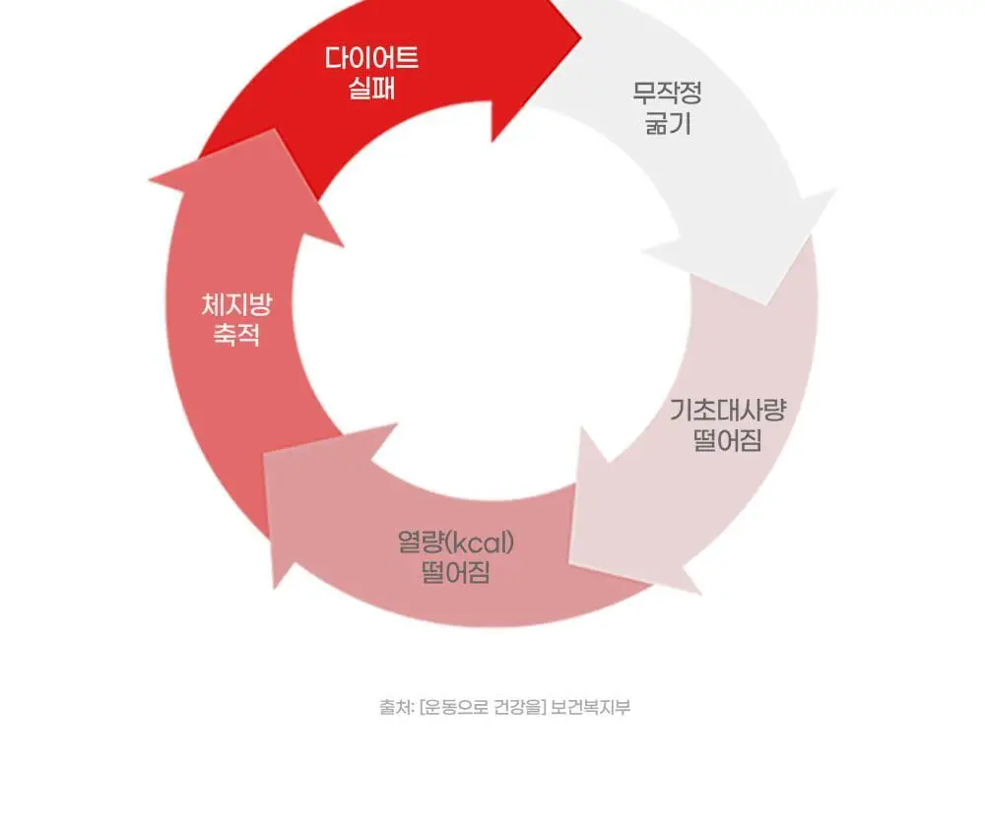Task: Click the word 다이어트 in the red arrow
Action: [x=371, y=58]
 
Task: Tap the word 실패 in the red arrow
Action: [x=371, y=88]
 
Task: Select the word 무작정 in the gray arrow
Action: [x=667, y=93]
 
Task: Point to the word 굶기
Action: [x=668, y=123]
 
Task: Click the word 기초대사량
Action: [x=728, y=410]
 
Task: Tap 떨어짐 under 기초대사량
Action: [x=728, y=439]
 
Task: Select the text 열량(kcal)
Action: [x=456, y=542]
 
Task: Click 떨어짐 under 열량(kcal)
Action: [x=455, y=572]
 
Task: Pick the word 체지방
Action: [x=236, y=304]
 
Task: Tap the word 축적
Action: [x=236, y=335]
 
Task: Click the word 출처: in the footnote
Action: [x=396, y=707]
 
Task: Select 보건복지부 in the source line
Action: [x=590, y=707]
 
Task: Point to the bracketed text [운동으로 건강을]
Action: [x=483, y=707]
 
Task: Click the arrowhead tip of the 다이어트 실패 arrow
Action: [x=582, y=37]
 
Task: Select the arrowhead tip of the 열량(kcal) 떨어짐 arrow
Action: [x=264, y=453]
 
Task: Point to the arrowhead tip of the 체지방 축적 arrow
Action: [x=274, y=129]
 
